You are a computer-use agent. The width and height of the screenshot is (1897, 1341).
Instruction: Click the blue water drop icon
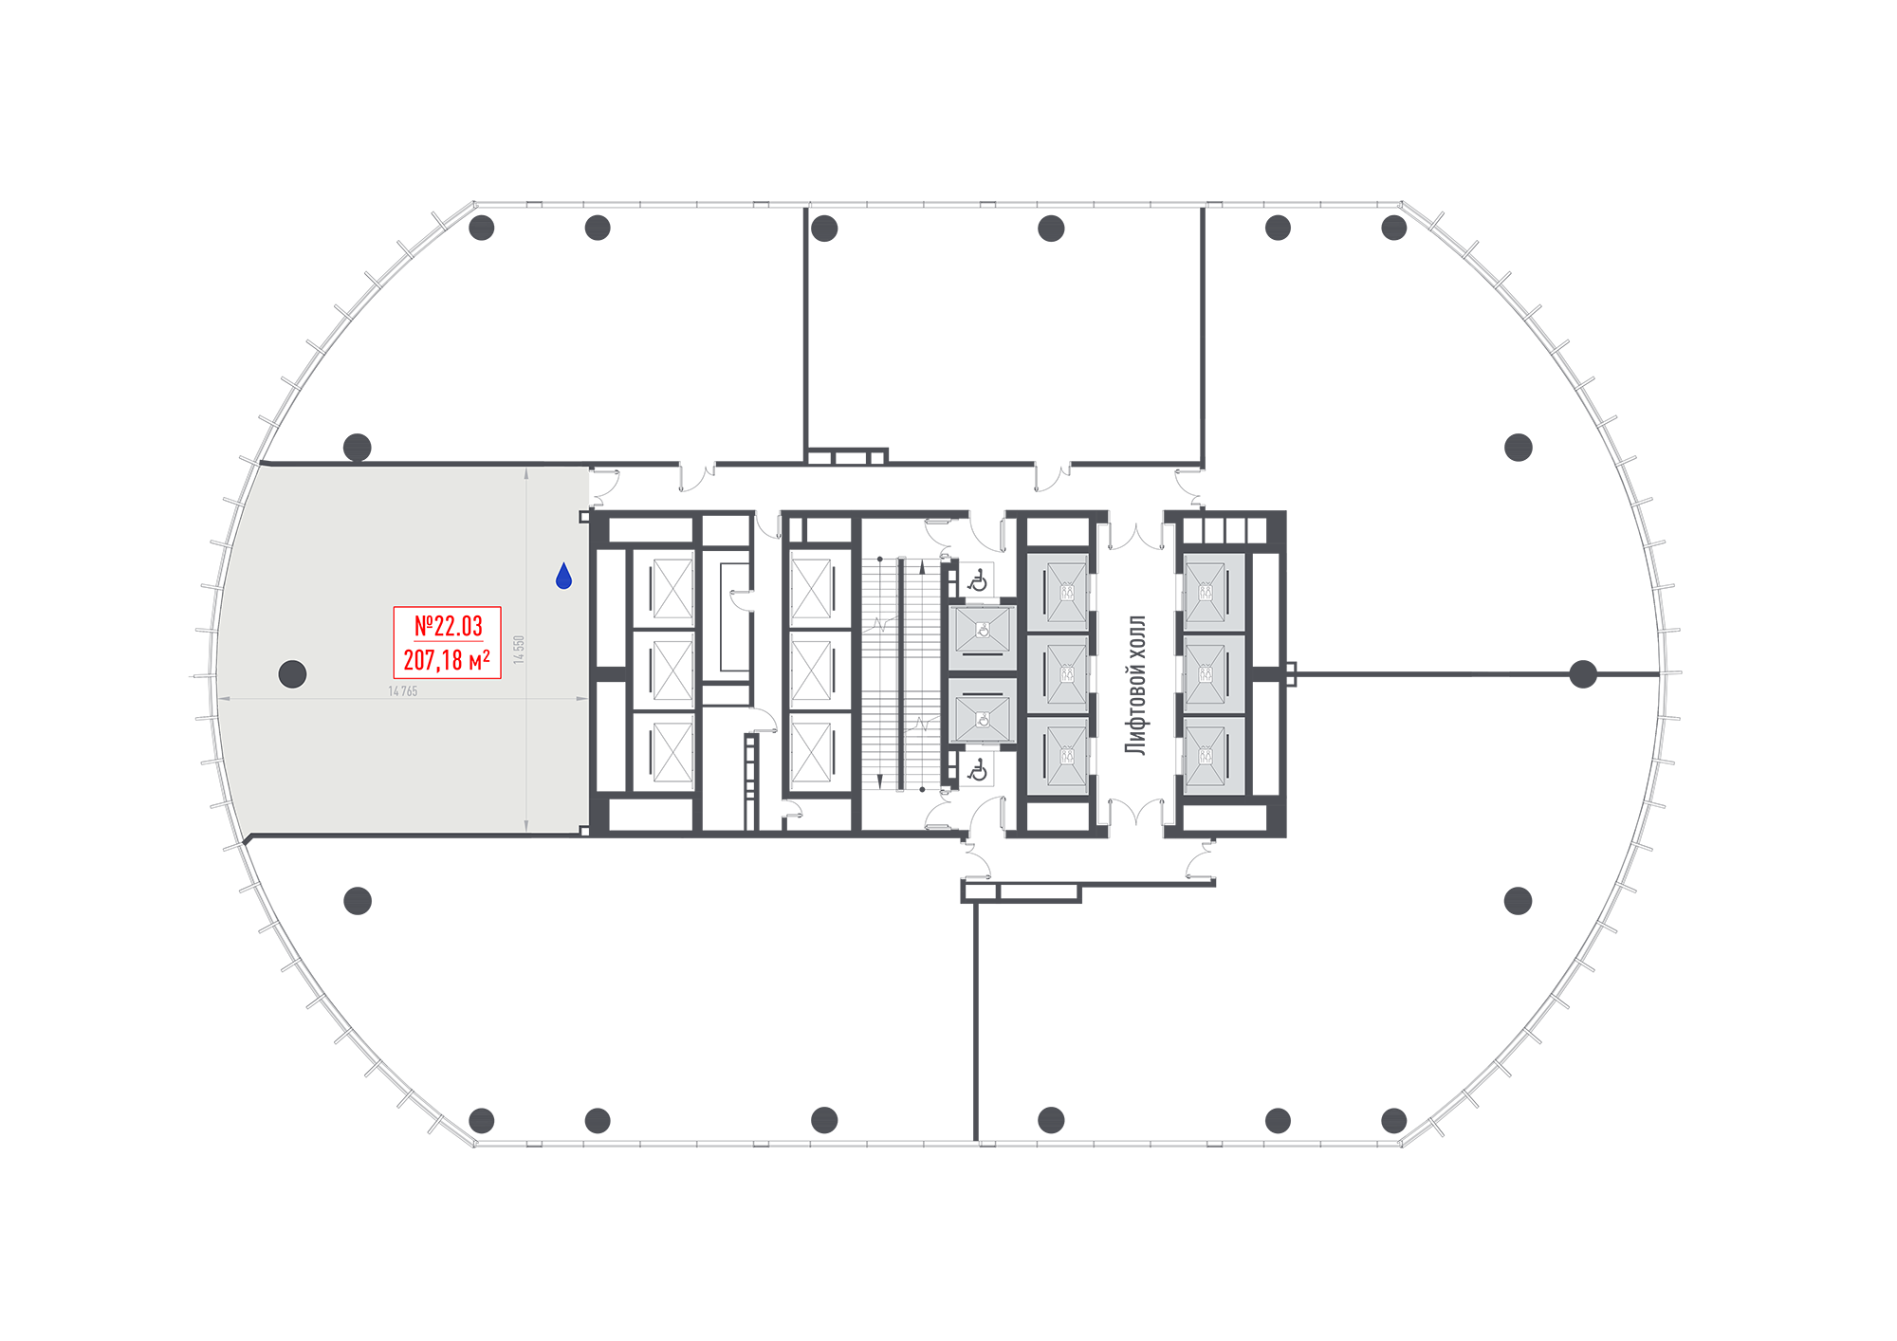pyautogui.click(x=563, y=576)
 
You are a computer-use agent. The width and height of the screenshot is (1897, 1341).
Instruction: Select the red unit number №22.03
pyautogui.click(x=448, y=626)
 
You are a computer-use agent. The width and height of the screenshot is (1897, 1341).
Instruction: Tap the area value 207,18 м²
pyautogui.click(x=447, y=659)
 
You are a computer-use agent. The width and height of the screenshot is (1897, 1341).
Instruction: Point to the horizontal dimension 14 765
pyautogui.click(x=403, y=691)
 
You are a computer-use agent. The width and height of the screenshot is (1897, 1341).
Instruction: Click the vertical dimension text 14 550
pyautogui.click(x=519, y=650)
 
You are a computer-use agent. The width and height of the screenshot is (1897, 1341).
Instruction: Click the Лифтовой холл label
pyautogui.click(x=1135, y=685)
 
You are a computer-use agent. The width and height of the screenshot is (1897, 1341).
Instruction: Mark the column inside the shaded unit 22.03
pyautogui.click(x=292, y=674)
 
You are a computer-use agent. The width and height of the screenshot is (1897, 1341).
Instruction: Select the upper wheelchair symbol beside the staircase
pyautogui.click(x=978, y=581)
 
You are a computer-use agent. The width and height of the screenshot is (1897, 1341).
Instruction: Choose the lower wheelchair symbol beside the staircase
pyautogui.click(x=978, y=770)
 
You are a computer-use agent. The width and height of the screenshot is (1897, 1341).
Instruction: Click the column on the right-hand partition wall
pyautogui.click(x=1583, y=674)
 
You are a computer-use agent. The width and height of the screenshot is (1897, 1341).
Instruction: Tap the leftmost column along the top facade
pyautogui.click(x=482, y=228)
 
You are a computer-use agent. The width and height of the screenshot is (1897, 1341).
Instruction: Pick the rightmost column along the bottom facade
pyautogui.click(x=1393, y=1120)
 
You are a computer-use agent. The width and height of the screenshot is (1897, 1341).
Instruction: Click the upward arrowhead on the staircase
pyautogui.click(x=922, y=567)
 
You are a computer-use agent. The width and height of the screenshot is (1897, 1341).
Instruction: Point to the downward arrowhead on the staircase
pyautogui.click(x=880, y=781)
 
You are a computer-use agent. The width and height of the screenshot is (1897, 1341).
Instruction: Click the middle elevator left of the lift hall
pyautogui.click(x=1058, y=674)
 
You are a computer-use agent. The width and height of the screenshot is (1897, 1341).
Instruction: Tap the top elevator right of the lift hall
pyautogui.click(x=1213, y=592)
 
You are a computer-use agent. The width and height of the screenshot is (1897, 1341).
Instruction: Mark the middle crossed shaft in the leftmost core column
pyautogui.click(x=672, y=670)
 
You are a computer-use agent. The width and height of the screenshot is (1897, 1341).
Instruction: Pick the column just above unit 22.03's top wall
pyautogui.click(x=357, y=447)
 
